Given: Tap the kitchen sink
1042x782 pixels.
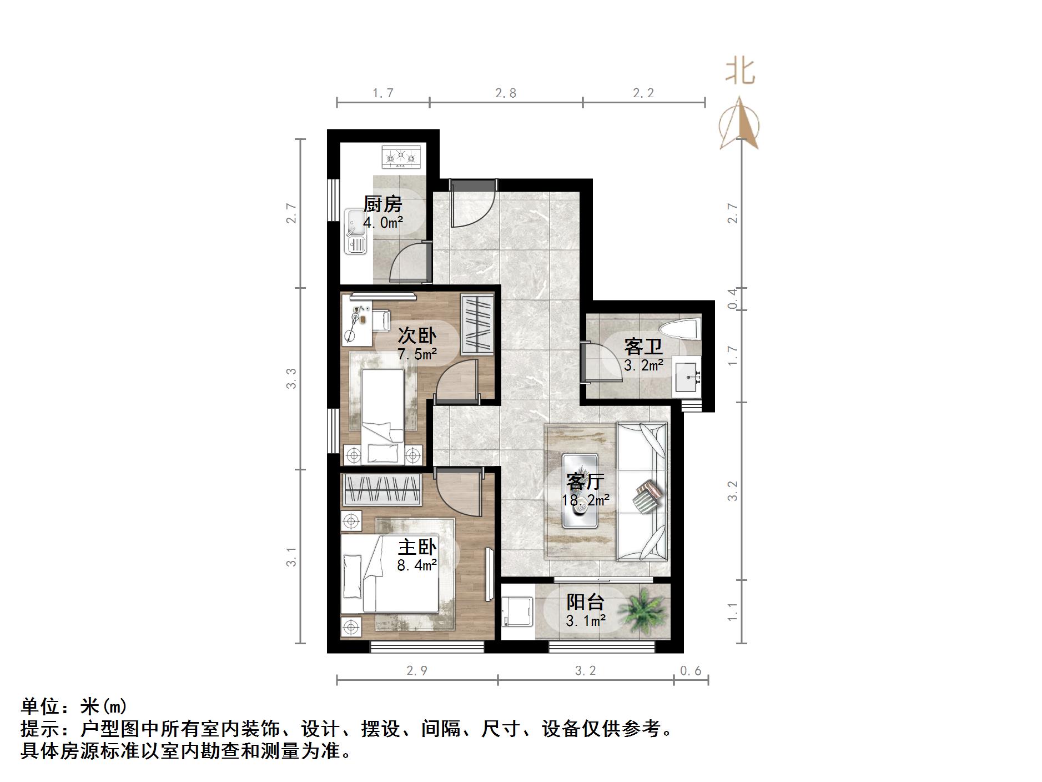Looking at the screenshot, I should tap(355, 232).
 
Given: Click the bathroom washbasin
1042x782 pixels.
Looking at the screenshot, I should tap(687, 378).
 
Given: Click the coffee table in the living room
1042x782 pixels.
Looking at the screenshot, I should tap(580, 490).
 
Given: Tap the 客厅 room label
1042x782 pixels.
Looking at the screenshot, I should tap(585, 481).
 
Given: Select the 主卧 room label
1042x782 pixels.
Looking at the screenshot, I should tap(417, 547).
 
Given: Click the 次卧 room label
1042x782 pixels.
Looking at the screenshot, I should tap(417, 335).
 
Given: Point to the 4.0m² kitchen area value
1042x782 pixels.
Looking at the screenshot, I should tap(383, 223).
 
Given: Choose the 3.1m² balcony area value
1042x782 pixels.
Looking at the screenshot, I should tap(586, 620).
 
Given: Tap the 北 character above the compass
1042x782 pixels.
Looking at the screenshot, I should tap(740, 72).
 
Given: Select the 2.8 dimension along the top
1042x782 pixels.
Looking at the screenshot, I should tap(505, 93).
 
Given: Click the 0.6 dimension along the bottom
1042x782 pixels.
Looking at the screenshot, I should tap(691, 671).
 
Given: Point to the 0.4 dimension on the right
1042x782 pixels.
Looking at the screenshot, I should tap(733, 298).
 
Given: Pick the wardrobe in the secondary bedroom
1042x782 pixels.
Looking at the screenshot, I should tap(477, 324).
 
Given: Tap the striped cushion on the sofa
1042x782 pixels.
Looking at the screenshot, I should tap(647, 496).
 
